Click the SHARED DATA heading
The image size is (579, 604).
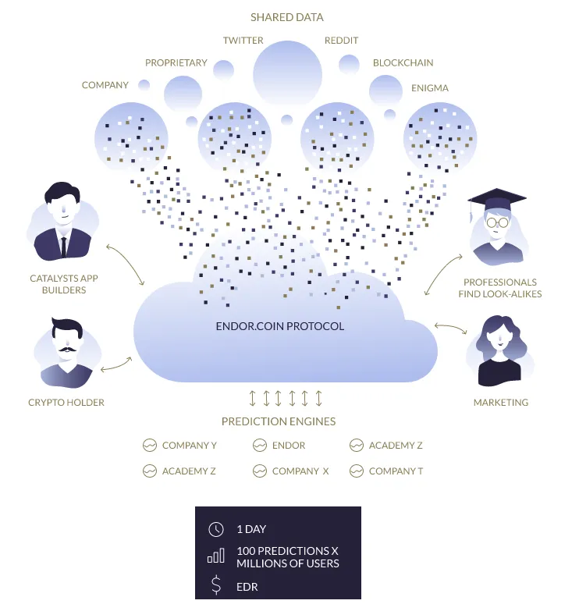click(287, 17)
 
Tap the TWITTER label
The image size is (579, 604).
click(243, 40)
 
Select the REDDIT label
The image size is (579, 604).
click(341, 40)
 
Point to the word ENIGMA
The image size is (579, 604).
click(430, 88)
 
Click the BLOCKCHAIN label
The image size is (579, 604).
click(403, 62)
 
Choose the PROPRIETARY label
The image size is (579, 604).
click(176, 62)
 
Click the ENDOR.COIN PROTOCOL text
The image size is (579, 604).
click(280, 326)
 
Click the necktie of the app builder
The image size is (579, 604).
click(63, 247)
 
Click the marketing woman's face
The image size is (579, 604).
click(499, 339)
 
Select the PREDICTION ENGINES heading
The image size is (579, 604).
click(279, 421)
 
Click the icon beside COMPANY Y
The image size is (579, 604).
click(150, 446)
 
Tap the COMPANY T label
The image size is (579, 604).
click(396, 471)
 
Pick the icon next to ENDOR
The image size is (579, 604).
click(260, 446)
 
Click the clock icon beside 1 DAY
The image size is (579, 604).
click(215, 529)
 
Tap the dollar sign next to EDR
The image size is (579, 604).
click(216, 584)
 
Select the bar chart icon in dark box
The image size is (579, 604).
click(215, 556)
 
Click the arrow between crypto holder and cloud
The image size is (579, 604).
click(115, 365)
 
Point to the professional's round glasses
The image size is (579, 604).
click(497, 222)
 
